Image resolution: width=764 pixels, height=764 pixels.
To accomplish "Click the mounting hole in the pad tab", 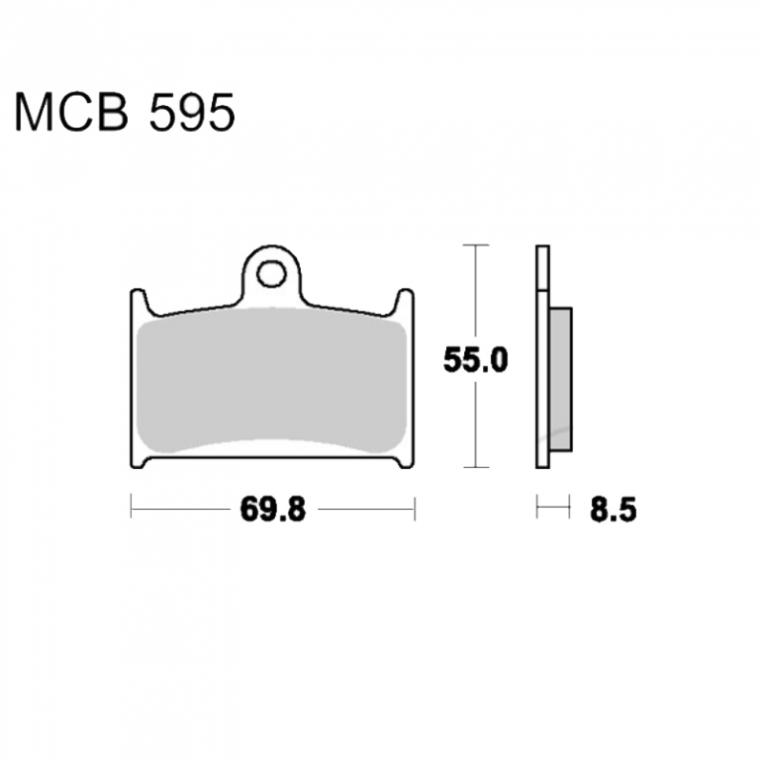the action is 271,274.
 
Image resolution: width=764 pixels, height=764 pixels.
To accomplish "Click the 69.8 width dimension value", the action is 273,510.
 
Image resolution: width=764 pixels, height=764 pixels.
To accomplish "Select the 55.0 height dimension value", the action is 476,361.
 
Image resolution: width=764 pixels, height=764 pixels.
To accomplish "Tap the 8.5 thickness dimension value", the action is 613,510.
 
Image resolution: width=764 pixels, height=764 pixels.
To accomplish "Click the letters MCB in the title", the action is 73,113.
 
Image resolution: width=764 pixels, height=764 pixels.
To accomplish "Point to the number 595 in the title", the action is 192,113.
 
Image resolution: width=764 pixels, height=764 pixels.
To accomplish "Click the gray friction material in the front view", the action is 271,381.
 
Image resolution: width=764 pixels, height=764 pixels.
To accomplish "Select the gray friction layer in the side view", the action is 561,379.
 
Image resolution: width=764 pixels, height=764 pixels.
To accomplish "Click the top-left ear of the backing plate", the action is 138,298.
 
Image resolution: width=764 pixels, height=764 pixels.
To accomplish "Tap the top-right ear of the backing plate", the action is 405,298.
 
